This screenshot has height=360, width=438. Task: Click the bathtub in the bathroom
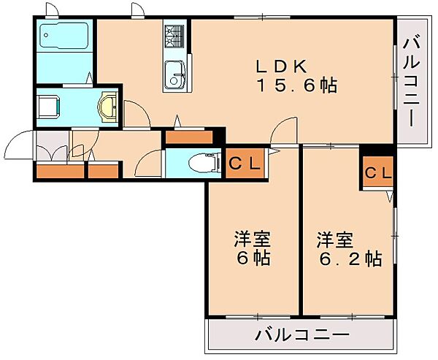point(64,35)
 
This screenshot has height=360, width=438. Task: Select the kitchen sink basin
point(174,74)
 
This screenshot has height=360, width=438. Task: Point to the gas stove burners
point(174,36)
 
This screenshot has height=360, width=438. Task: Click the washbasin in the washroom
point(108,107)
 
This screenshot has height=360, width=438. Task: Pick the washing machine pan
point(49,107)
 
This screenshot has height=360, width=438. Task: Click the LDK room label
point(282,66)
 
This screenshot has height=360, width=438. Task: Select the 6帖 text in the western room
point(253,258)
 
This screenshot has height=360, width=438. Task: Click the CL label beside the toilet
point(245,164)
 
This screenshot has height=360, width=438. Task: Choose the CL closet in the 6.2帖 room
point(378,172)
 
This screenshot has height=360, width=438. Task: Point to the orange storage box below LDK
point(189,137)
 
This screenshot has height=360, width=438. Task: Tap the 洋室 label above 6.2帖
point(335,240)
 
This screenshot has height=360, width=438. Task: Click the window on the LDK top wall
point(262,18)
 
